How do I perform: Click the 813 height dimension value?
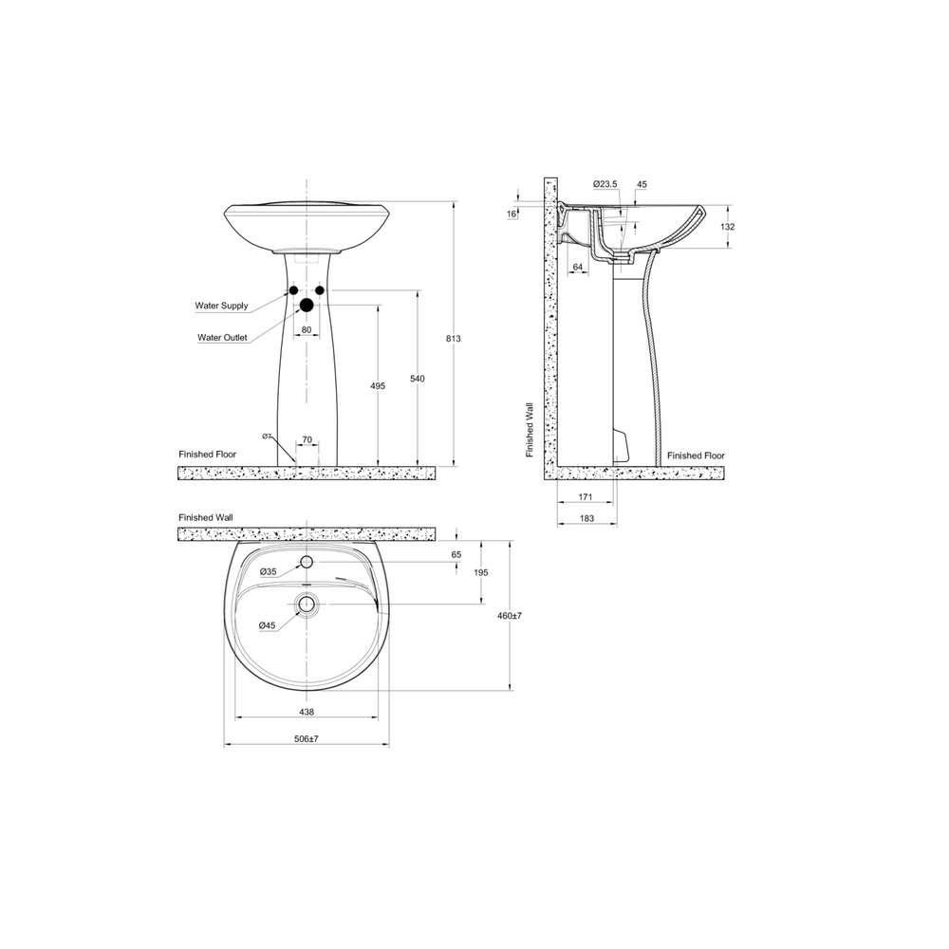pyautogui.click(x=454, y=339)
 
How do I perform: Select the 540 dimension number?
pyautogui.click(x=417, y=379)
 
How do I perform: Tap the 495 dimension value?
pyautogui.click(x=378, y=386)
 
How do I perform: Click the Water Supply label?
pyautogui.click(x=221, y=306)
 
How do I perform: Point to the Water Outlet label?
pyautogui.click(x=222, y=338)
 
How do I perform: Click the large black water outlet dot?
pyautogui.click(x=307, y=305)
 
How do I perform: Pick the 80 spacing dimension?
pyautogui.click(x=307, y=330)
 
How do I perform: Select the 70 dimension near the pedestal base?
pyautogui.click(x=307, y=440)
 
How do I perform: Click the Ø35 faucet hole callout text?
pyautogui.click(x=269, y=572)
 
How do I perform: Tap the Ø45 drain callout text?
pyautogui.click(x=267, y=625)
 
